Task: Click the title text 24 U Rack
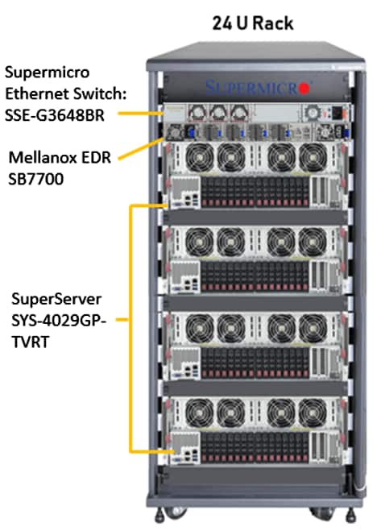(x=252, y=23)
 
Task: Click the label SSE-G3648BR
(x=55, y=115)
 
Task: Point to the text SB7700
(x=36, y=179)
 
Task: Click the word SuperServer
(x=56, y=299)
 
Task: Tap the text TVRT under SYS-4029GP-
(x=30, y=342)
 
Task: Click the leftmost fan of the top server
(x=200, y=157)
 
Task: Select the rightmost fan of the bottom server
(x=313, y=413)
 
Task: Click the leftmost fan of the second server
(x=200, y=242)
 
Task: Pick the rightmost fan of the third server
(x=313, y=328)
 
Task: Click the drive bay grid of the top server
(x=255, y=192)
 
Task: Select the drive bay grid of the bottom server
(x=255, y=447)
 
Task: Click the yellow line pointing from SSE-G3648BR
(x=140, y=114)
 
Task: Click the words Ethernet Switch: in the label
(x=66, y=93)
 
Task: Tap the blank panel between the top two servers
(x=255, y=217)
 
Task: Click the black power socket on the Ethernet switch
(x=338, y=114)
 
